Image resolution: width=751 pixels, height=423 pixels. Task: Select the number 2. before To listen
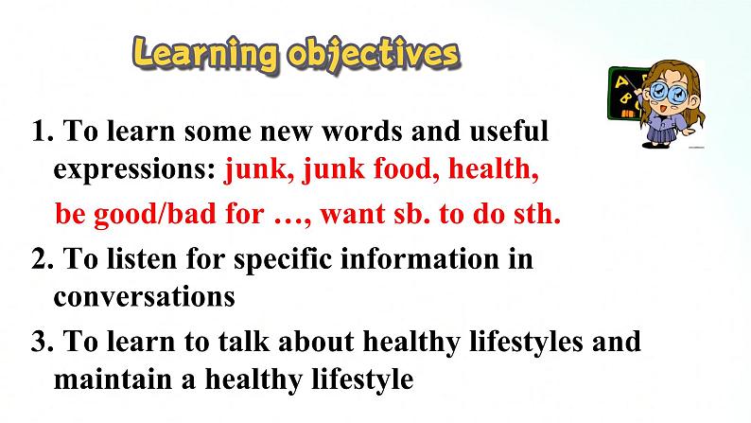coord(42,259)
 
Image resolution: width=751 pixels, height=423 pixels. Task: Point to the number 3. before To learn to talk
coord(42,342)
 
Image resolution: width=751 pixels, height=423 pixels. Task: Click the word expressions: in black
coord(135,170)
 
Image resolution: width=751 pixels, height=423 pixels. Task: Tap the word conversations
coord(144,297)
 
